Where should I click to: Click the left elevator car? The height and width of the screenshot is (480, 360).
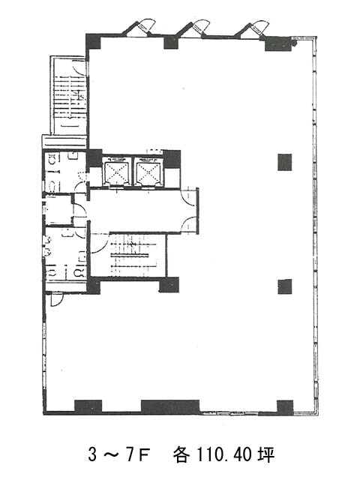(x=117, y=172)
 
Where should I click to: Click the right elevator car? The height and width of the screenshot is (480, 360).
(x=148, y=172)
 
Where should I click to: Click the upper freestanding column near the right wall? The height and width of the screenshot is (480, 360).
(x=285, y=162)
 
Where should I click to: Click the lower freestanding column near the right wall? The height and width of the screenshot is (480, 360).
(x=285, y=286)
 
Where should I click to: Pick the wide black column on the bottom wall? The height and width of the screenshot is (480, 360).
(x=170, y=406)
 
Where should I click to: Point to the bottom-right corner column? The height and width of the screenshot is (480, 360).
(x=285, y=407)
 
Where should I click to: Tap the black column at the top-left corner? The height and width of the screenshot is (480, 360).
(x=93, y=41)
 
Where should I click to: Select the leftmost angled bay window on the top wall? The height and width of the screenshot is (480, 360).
(x=139, y=28)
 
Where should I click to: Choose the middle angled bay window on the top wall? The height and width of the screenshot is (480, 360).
(x=193, y=28)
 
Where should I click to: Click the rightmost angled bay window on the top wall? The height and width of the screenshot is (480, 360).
(x=252, y=28)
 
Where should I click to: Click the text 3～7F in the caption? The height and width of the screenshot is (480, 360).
(x=118, y=454)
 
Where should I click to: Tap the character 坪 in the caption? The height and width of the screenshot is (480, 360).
(x=265, y=454)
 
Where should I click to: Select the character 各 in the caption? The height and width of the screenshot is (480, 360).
(x=181, y=454)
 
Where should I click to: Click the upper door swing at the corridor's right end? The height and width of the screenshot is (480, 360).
(x=188, y=198)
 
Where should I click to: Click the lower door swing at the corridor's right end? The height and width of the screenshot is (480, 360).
(x=188, y=223)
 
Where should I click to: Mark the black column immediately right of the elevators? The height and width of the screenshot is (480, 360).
(x=172, y=158)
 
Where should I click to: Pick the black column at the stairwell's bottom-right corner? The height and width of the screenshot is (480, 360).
(x=169, y=285)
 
